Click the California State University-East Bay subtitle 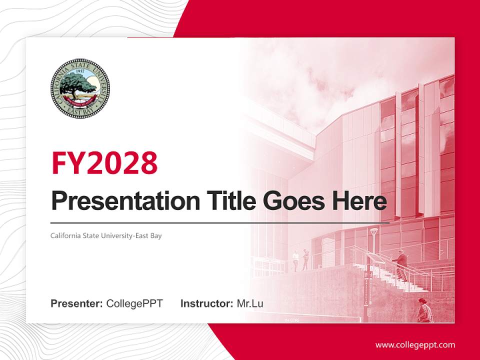point(106,235)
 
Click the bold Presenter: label point(77,303)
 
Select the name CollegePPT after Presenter point(134,303)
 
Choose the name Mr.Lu point(249,303)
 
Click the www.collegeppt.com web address point(415,345)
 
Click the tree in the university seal point(77,86)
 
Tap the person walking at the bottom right point(424,310)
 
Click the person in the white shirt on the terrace point(295,260)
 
